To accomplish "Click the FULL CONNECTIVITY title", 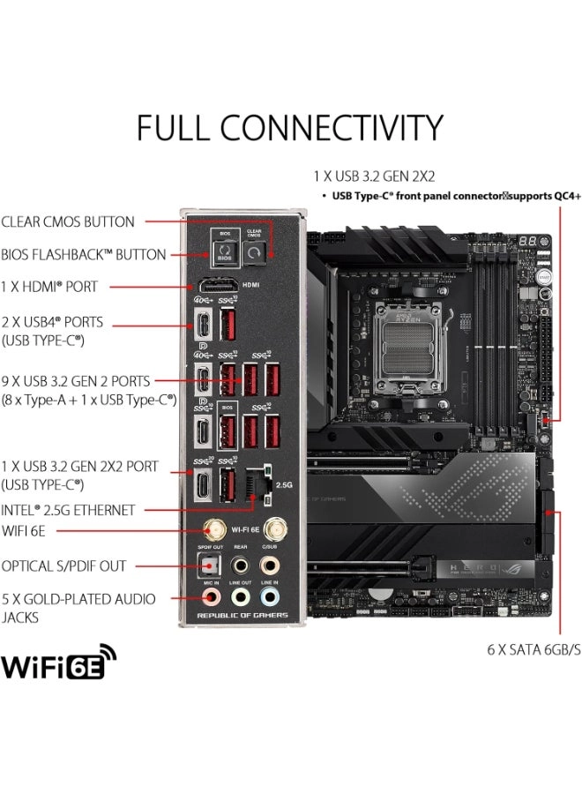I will coord(289,129).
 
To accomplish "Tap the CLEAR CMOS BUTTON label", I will coord(68,222).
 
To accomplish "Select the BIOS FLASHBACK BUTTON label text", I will coord(84,255).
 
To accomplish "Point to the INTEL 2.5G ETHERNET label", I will coord(68,510).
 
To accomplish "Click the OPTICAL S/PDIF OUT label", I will coord(63,566).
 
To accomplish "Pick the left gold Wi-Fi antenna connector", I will coord(214,530).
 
